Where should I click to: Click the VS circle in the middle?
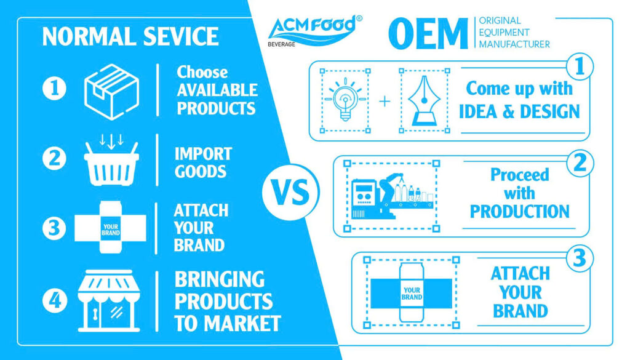(x=290, y=191)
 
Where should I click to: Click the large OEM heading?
(x=428, y=34)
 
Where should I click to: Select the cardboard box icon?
(x=112, y=92)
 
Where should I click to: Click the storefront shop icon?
(x=109, y=300)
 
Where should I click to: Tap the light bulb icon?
(x=345, y=100)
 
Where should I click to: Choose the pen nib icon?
(x=424, y=100)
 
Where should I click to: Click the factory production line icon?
(x=392, y=196)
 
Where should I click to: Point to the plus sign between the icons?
(x=385, y=101)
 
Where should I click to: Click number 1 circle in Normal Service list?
(x=54, y=88)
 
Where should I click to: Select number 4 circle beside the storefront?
(x=54, y=300)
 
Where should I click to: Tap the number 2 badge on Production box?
(x=580, y=163)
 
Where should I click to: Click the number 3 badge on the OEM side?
(x=580, y=258)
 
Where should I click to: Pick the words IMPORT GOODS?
(x=203, y=162)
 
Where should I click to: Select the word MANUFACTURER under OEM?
(x=514, y=44)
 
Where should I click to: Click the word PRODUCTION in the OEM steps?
(x=519, y=211)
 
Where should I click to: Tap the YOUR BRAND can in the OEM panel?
(x=412, y=293)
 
